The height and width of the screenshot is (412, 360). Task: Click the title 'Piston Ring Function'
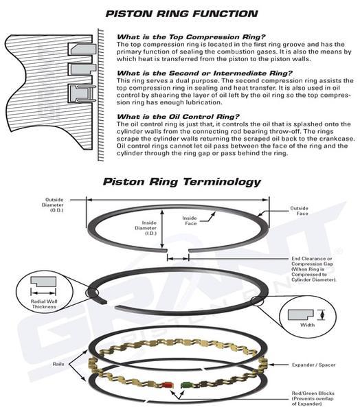(x=181, y=14)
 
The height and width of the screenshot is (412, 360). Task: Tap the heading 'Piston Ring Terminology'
(x=181, y=181)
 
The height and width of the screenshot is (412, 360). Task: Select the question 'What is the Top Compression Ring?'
(x=191, y=36)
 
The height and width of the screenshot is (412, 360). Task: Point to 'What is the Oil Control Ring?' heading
(x=178, y=117)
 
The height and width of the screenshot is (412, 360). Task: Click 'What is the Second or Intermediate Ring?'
(x=205, y=73)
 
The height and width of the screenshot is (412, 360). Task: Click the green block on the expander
(x=186, y=385)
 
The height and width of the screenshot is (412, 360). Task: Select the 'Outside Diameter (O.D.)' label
(x=53, y=205)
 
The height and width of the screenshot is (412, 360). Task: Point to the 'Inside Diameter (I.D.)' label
(x=146, y=228)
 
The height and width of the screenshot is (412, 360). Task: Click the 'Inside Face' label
(x=190, y=220)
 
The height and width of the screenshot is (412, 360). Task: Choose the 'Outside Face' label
(x=300, y=211)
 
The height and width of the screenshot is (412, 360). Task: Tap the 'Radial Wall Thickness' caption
(x=44, y=304)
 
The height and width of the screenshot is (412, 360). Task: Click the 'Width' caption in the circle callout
(x=307, y=325)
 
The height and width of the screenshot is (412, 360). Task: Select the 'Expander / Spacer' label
(x=314, y=365)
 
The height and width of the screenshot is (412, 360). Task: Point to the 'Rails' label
(x=58, y=364)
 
